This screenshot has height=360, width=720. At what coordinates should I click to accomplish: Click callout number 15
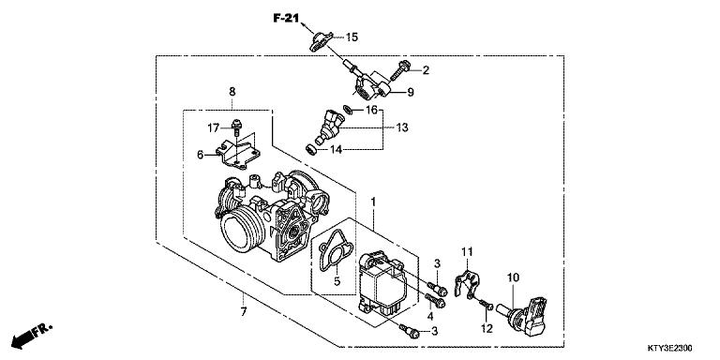click(352, 37)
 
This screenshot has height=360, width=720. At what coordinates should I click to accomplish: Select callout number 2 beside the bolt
click(425, 69)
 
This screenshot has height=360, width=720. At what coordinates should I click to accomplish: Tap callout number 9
click(410, 92)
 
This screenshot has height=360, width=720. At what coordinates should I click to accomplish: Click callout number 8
click(232, 91)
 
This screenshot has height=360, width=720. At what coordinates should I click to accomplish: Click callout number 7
click(241, 310)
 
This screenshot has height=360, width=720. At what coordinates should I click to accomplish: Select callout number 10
click(513, 277)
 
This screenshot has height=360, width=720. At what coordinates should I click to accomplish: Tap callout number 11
click(466, 250)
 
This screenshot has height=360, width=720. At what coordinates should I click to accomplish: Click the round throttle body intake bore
click(242, 230)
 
